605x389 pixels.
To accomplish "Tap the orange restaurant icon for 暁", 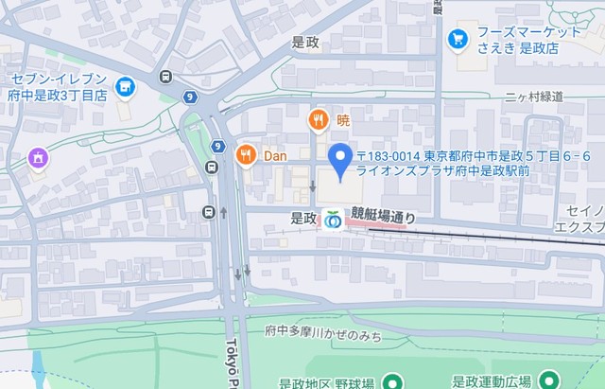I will pyautogui.click(x=318, y=120).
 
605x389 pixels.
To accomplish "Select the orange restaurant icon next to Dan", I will pyautogui.click(x=247, y=155).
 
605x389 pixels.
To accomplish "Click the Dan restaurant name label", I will pyautogui.click(x=275, y=155).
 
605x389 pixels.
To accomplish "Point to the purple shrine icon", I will pyautogui.click(x=38, y=156).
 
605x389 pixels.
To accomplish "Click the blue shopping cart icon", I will pyautogui.click(x=458, y=39).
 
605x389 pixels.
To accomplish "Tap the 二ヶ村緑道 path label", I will pyautogui.click(x=533, y=97).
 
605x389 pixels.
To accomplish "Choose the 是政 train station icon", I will pyautogui.click(x=331, y=219).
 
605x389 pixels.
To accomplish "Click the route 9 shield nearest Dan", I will pyautogui.click(x=218, y=147).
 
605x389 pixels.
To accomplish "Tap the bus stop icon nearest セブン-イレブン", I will pyautogui.click(x=166, y=77).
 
